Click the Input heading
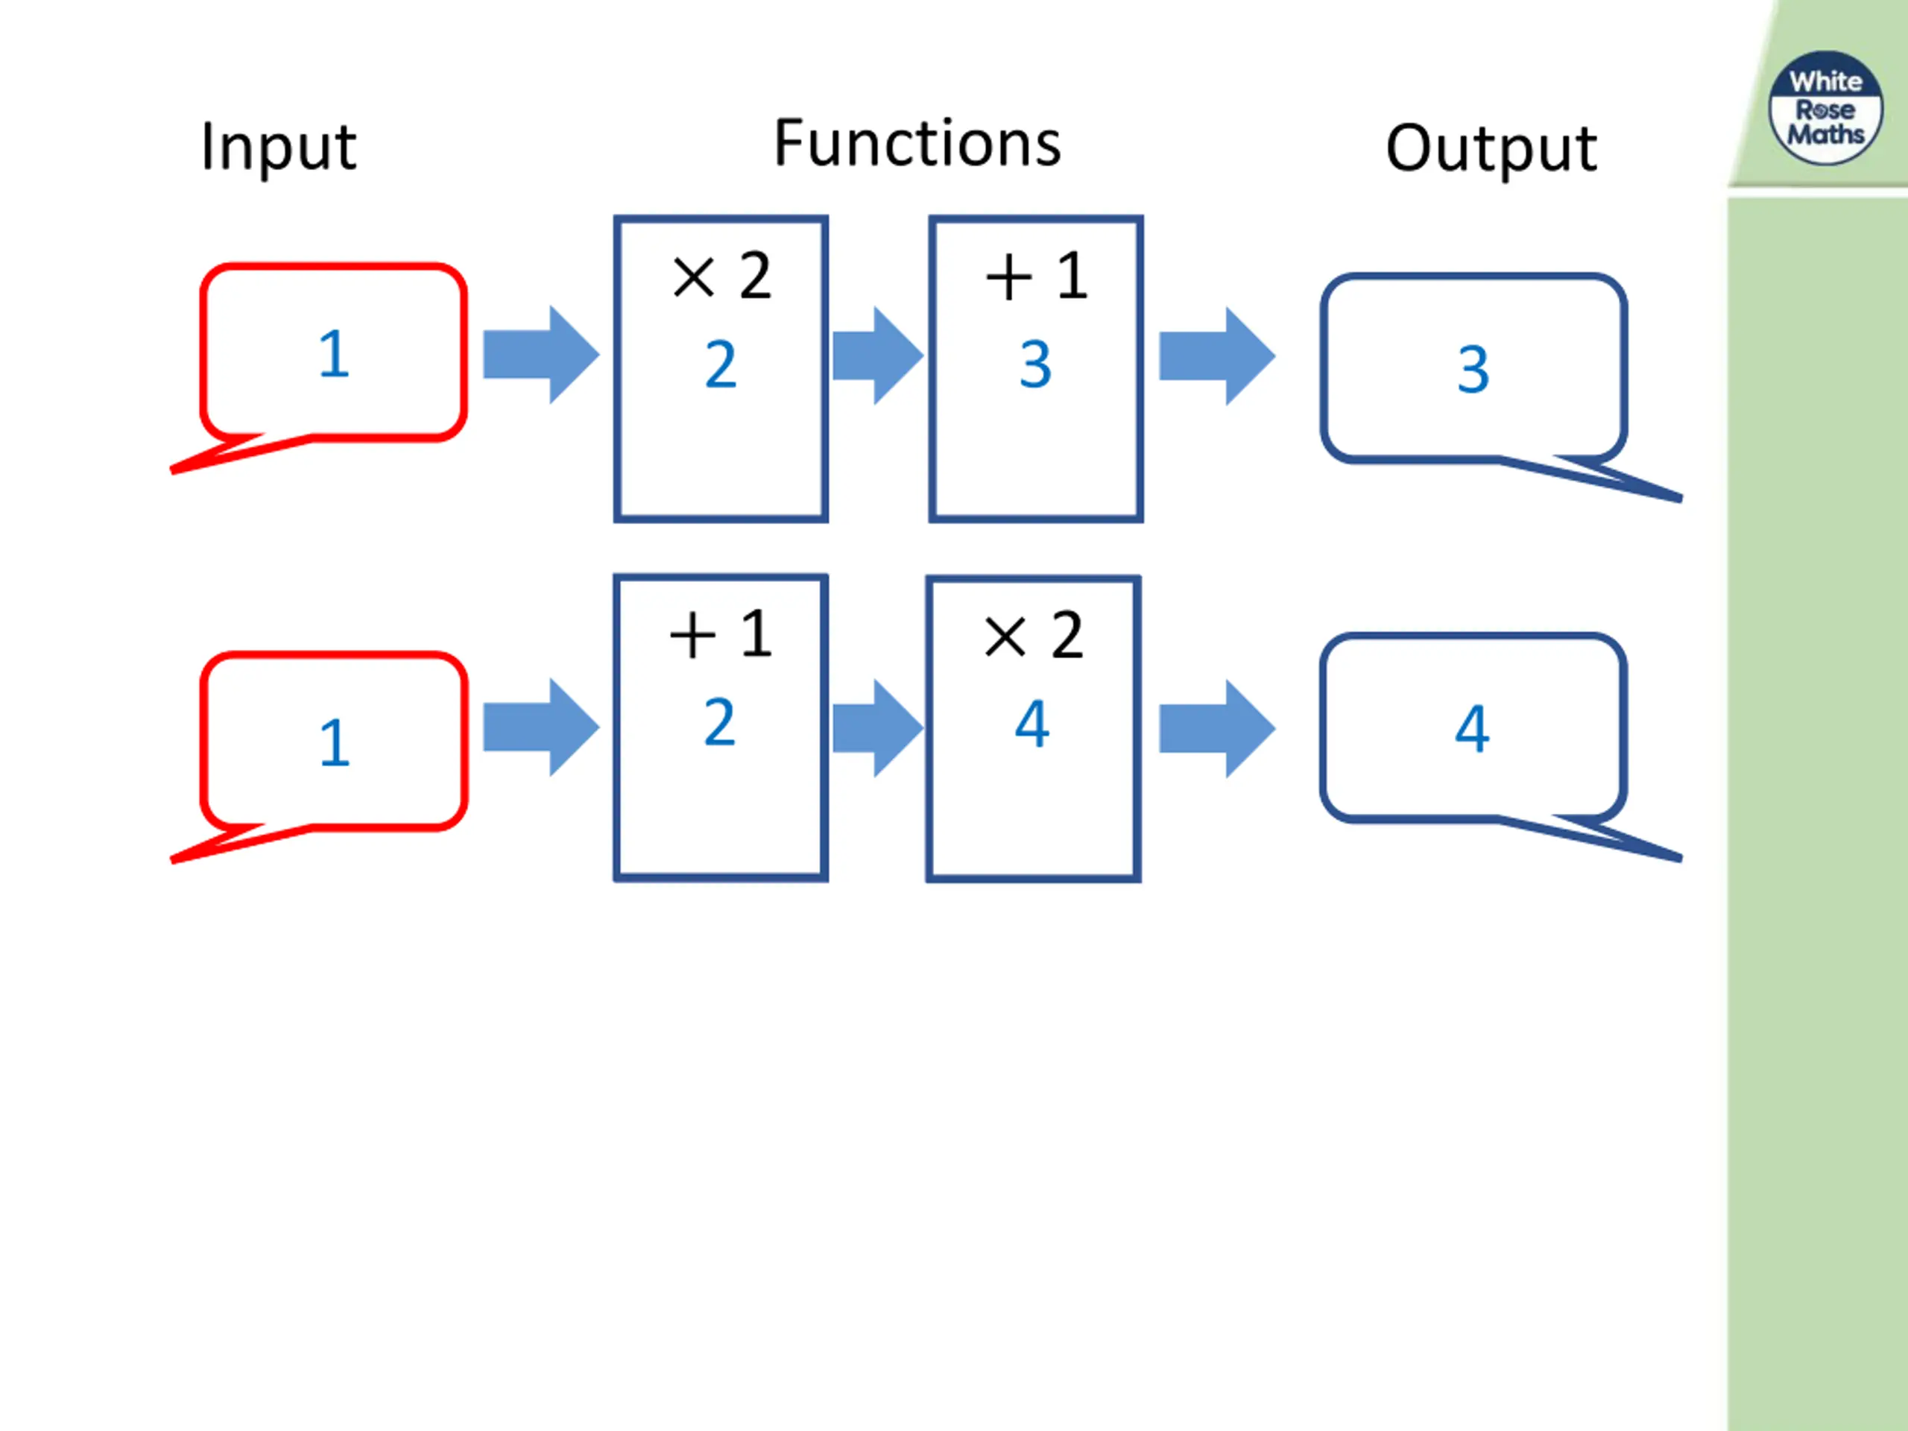click(278, 148)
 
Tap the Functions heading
click(917, 143)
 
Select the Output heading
click(1491, 149)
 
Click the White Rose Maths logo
click(1826, 108)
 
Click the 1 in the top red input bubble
click(334, 354)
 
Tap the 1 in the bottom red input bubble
click(335, 742)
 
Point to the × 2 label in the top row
click(721, 276)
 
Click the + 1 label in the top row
click(1036, 276)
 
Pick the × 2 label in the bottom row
click(1033, 636)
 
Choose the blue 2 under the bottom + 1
click(720, 723)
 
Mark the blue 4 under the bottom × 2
click(1032, 724)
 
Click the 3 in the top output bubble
click(1473, 370)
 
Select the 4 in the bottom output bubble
click(1473, 730)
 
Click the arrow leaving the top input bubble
click(541, 355)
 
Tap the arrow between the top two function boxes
click(878, 356)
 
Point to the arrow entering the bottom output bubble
click(1217, 729)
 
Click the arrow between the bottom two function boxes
click(878, 728)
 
